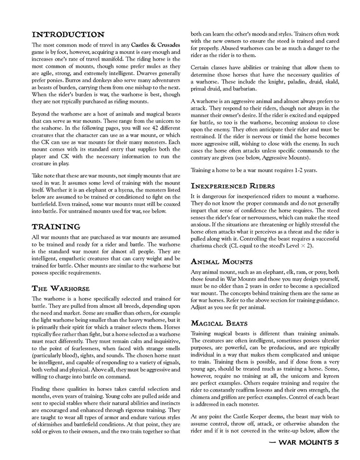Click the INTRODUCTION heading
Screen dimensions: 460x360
[x=68, y=34]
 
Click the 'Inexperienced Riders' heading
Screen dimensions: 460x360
[x=234, y=185]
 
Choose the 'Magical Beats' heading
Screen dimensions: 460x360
[x=220, y=322]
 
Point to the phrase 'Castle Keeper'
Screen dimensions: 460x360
[x=243, y=415]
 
